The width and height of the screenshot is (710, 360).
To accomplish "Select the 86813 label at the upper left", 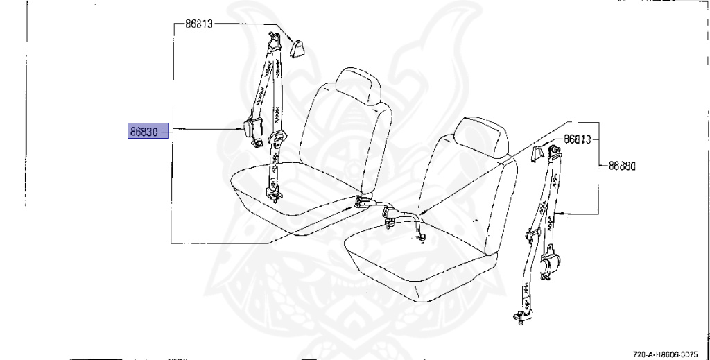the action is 199,24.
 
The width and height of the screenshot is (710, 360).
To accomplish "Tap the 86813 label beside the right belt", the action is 577,139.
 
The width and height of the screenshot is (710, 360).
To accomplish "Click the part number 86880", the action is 622,166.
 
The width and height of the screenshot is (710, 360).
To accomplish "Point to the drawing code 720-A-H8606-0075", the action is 669,353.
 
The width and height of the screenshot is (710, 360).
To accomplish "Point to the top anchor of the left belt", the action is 275,40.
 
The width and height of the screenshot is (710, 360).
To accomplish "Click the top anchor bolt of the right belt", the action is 553,153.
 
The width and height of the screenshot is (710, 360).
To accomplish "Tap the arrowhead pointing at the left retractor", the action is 239,129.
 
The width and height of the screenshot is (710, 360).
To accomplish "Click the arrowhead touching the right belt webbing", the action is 557,212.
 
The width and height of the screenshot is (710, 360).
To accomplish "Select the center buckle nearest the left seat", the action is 361,203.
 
